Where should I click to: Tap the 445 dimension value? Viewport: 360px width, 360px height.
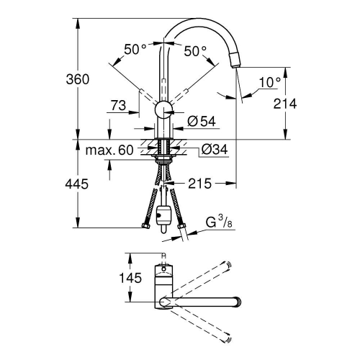pyautogui.click(x=90, y=184)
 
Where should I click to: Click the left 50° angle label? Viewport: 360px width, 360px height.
pyautogui.click(x=135, y=50)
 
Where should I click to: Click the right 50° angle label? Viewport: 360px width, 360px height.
pyautogui.click(x=194, y=50)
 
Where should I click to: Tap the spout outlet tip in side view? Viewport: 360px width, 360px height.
pyautogui.click(x=235, y=63)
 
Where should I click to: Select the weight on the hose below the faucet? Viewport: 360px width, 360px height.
pyautogui.click(x=165, y=214)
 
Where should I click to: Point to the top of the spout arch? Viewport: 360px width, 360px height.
pyautogui.click(x=202, y=20)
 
